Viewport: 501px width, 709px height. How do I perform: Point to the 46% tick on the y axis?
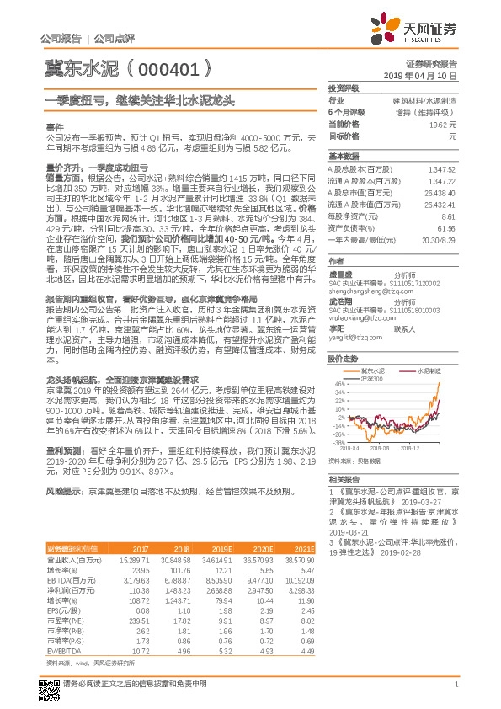coord(340,385)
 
